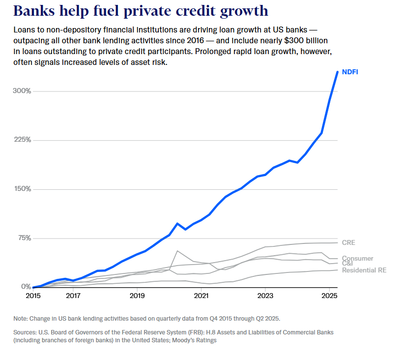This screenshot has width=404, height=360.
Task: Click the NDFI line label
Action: (349, 72)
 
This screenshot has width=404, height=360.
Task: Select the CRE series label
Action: (348, 242)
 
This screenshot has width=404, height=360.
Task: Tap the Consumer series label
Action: (357, 258)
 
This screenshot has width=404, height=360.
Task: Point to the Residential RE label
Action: (364, 270)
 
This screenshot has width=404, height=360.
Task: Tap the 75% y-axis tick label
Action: (24, 238)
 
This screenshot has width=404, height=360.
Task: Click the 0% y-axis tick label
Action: (26, 287)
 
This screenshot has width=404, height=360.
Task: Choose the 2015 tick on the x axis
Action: (33, 296)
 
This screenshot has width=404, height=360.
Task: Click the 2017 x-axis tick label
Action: (73, 296)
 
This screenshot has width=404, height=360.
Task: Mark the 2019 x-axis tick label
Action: (137, 296)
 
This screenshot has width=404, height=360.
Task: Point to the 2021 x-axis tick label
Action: (201, 296)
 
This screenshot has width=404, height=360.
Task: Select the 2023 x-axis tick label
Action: (265, 296)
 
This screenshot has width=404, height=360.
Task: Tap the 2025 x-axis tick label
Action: (329, 296)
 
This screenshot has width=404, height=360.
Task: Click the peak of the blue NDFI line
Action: (337, 72)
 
